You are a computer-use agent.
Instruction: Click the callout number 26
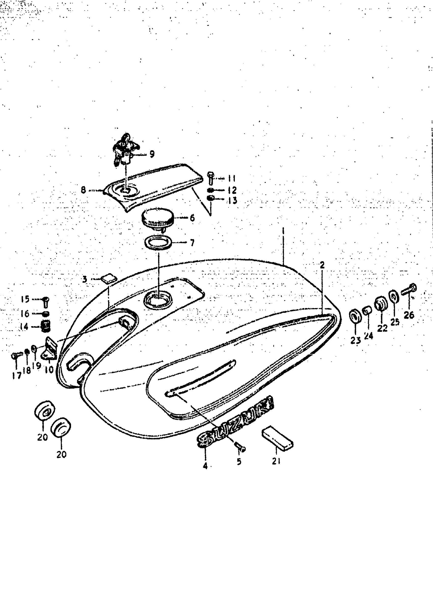(x=409, y=315)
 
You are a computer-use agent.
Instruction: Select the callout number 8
(x=84, y=190)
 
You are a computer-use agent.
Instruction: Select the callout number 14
(x=24, y=327)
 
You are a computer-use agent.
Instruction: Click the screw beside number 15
(x=46, y=302)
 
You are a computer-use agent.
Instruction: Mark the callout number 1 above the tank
(x=283, y=231)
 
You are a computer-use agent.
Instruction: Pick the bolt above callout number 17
(x=17, y=356)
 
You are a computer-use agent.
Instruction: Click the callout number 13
(x=233, y=200)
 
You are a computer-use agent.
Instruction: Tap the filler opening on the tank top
(x=158, y=300)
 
